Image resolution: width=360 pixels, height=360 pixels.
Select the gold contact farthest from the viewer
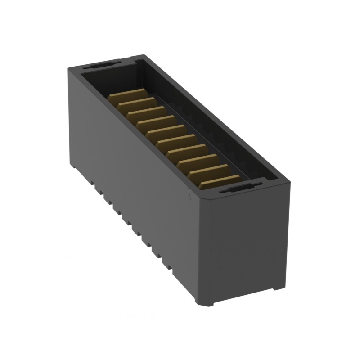click(128, 96)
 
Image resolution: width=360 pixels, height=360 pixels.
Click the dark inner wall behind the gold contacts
click(198, 117)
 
